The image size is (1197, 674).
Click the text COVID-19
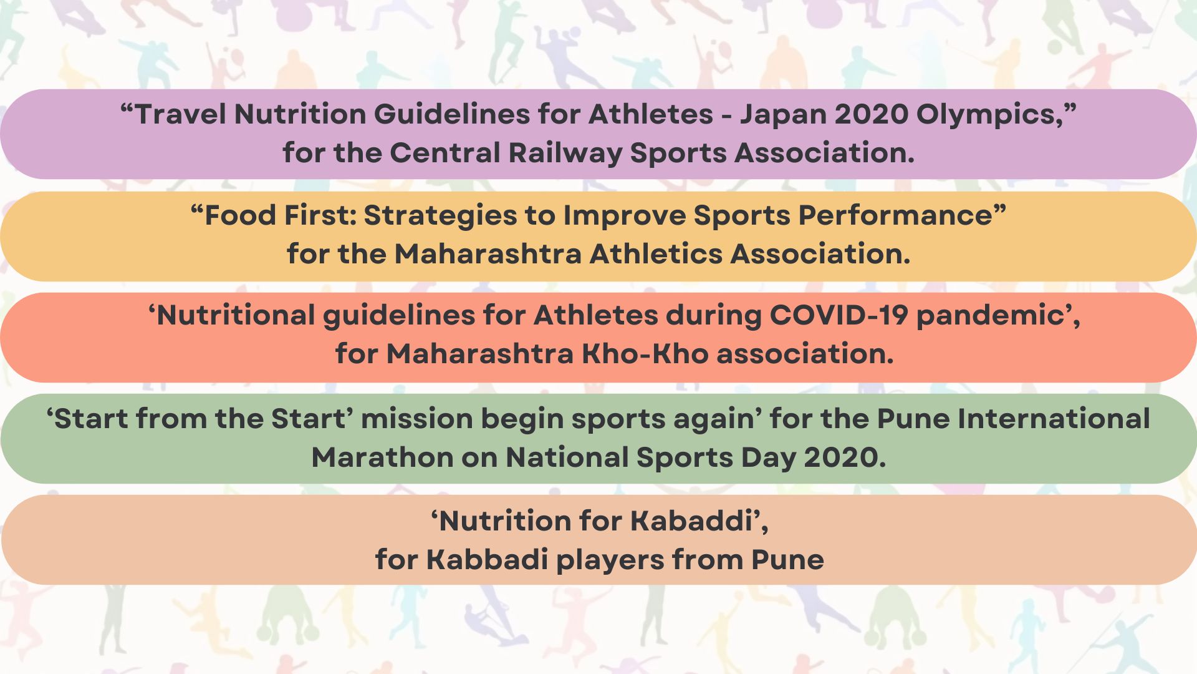839,315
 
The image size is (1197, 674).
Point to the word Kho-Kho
645,354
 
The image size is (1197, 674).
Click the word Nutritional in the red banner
236,315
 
